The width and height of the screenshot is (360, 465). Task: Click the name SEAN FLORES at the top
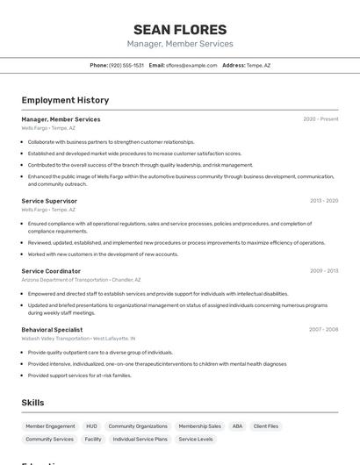(180, 29)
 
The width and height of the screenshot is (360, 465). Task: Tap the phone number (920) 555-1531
(126, 65)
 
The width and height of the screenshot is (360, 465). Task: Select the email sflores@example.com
(191, 65)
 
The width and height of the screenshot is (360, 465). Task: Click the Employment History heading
(65, 100)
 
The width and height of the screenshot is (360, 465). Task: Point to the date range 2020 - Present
(320, 119)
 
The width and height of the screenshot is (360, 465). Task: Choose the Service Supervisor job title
(49, 201)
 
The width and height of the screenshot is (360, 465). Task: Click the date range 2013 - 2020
(324, 201)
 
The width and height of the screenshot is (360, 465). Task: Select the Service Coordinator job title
(51, 271)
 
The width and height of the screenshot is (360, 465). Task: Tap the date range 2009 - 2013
(324, 271)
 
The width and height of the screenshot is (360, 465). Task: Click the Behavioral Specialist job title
(52, 330)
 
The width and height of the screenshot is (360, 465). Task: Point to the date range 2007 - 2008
(323, 330)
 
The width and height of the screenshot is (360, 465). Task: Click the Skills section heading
(33, 402)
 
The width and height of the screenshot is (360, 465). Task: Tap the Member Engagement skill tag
(50, 426)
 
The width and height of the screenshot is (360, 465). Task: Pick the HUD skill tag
(91, 426)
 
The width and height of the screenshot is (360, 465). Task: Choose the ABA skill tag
(237, 426)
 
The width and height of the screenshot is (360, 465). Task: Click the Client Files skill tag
(266, 426)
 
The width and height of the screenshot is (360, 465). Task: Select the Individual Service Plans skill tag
(140, 439)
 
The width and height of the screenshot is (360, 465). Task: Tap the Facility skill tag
(93, 439)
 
